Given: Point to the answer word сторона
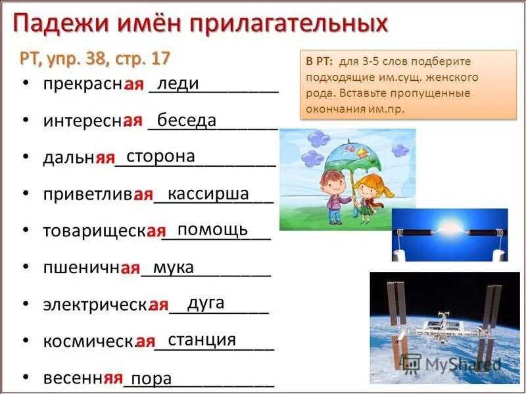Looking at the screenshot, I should pyautogui.click(x=160, y=156).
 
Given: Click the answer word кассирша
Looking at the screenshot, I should pyautogui.click(x=208, y=194).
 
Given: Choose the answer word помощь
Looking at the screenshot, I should pyautogui.click(x=213, y=229).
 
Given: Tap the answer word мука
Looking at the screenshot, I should pyautogui.click(x=173, y=267).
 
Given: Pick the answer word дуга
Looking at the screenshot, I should pyautogui.click(x=206, y=303).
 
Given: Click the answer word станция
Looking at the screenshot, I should pyautogui.click(x=202, y=339).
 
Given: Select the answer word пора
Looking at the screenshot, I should pyautogui.click(x=151, y=379).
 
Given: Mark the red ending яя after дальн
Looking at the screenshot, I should pyautogui.click(x=105, y=158).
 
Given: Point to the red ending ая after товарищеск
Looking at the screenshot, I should pyautogui.click(x=156, y=231).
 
